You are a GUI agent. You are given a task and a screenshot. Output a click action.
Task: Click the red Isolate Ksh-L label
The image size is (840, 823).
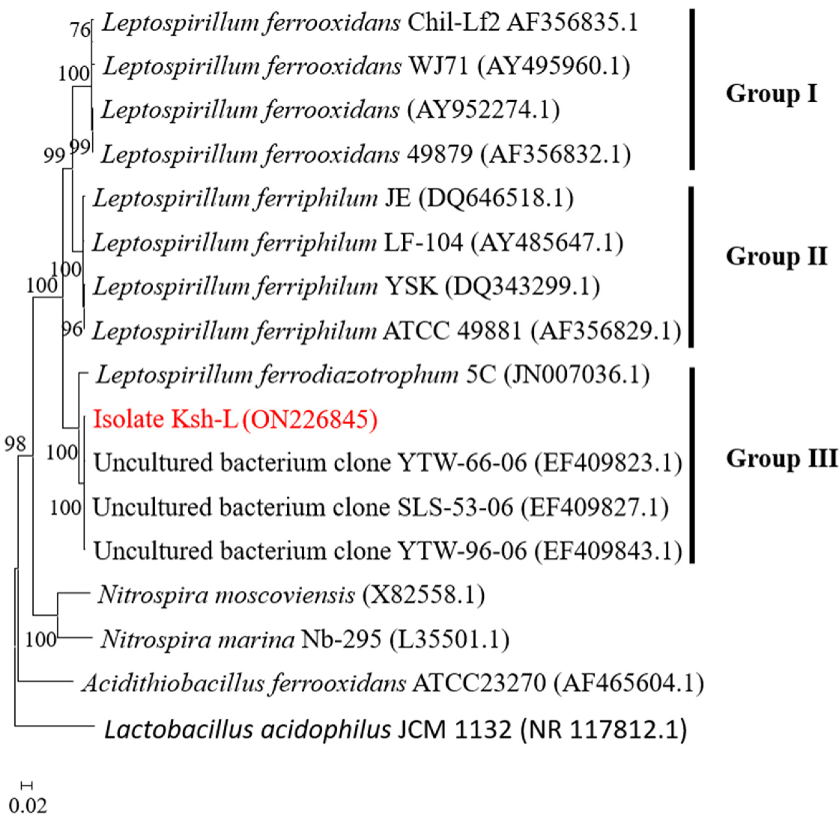pyautogui.click(x=235, y=419)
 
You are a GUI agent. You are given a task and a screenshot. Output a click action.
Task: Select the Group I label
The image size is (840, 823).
pyautogui.click(x=771, y=93)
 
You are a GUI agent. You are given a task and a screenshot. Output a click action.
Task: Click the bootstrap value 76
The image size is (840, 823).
pyautogui.click(x=80, y=30)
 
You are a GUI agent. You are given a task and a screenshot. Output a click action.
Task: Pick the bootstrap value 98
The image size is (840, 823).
pyautogui.click(x=15, y=444)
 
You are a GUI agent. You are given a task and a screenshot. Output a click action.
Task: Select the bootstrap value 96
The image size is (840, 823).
pyautogui.click(x=72, y=330)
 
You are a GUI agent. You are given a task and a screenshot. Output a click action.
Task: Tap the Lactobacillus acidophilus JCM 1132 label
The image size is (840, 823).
pyautogui.click(x=395, y=730)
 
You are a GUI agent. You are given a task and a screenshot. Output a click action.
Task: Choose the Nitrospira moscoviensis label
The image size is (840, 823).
pyautogui.click(x=291, y=595)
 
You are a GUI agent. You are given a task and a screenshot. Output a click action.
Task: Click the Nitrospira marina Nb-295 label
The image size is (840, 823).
pyautogui.click(x=305, y=640)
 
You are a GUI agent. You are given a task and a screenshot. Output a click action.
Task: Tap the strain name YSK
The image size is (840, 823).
pyautogui.click(x=411, y=286)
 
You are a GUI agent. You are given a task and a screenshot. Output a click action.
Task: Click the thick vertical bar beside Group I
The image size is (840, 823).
pyautogui.click(x=692, y=89)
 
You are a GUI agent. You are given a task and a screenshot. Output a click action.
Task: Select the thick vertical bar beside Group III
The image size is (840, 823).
pyautogui.click(x=692, y=465)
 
